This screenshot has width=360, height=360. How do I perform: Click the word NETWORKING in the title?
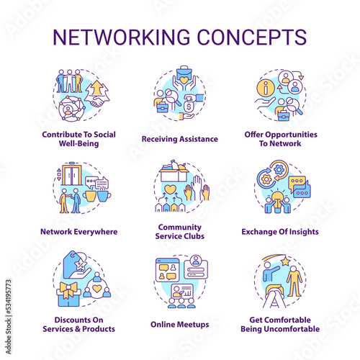[x=122, y=37]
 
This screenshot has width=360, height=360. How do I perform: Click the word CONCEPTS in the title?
[x=252, y=37]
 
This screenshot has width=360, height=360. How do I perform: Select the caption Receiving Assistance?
[x=180, y=139]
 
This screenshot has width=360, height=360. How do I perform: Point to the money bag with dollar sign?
[x=189, y=106]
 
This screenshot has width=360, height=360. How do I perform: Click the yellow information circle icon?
[x=266, y=88]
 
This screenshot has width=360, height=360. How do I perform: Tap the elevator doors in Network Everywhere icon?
[x=71, y=175]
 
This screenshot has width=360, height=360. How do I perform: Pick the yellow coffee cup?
[x=89, y=196]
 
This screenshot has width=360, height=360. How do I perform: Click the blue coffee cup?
[x=104, y=196]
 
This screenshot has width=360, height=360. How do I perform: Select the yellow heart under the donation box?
[x=171, y=189]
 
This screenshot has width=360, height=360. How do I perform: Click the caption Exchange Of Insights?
[x=280, y=232]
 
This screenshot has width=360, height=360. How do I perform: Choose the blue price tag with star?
[x=75, y=264]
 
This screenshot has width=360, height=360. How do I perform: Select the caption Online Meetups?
[x=180, y=325]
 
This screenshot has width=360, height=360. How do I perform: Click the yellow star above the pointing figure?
[x=286, y=261]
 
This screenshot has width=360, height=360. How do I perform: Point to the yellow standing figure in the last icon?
[x=294, y=281]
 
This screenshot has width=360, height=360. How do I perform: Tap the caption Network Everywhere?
[x=79, y=232]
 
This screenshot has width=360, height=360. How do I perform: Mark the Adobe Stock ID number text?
[x=9, y=297]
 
